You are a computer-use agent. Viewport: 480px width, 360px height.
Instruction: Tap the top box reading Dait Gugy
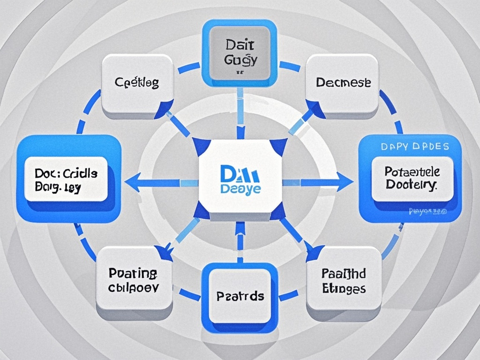pos(239,52)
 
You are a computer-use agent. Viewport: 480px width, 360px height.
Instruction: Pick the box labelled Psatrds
pos(240,296)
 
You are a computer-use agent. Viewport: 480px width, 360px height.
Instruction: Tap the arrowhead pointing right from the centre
pos(345,182)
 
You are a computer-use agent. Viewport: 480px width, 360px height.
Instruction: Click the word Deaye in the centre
pos(240,189)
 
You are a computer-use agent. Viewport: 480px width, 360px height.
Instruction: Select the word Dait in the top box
pos(239,46)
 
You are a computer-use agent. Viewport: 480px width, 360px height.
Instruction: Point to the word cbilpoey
pos(134,287)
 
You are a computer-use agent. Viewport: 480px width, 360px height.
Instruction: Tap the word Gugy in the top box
pos(239,60)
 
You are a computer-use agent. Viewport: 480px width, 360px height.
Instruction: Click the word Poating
pos(134,273)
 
